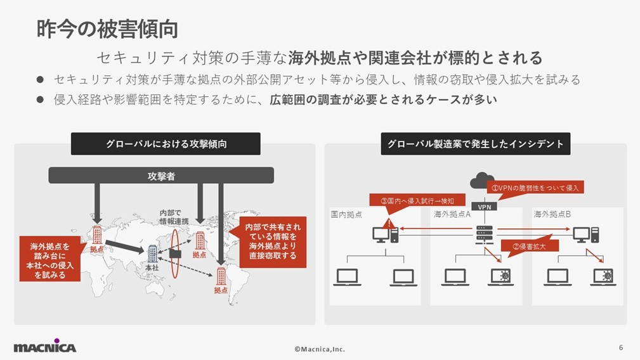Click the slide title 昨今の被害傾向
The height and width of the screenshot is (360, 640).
tap(107, 29)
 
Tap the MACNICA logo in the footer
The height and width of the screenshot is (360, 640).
tap(44, 347)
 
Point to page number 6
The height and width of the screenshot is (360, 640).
tap(621, 347)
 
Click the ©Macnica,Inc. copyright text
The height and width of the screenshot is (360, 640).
tap(320, 349)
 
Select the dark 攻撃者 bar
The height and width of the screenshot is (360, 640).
tap(161, 176)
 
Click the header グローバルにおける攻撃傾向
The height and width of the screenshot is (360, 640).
tap(166, 144)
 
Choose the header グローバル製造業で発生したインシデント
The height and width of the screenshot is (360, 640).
tap(475, 144)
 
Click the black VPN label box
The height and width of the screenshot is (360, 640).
tap(484, 207)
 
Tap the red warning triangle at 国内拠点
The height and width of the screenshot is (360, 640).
tap(388, 223)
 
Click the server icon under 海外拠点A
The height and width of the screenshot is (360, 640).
tap(484, 235)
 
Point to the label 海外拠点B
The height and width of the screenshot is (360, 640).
tap(552, 214)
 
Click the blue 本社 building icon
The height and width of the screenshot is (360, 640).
tap(153, 254)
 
